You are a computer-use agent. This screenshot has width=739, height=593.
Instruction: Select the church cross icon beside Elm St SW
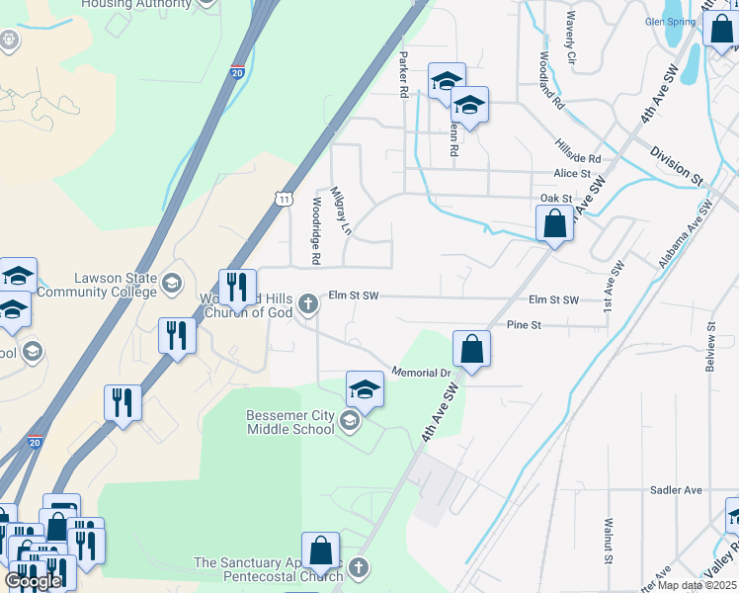point(308,302)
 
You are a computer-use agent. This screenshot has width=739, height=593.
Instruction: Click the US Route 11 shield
point(285,199)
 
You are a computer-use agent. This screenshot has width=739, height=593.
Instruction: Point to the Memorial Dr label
point(421,373)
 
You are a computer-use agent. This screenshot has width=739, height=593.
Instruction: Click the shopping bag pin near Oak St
point(554,224)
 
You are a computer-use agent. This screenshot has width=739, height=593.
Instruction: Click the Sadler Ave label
point(676,489)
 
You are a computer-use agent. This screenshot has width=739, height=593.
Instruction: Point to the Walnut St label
point(610,542)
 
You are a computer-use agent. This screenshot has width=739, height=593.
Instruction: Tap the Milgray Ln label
point(341,210)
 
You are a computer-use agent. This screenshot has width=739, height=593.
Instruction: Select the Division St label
point(676,165)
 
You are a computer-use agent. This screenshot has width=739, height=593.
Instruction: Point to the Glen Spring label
point(669,21)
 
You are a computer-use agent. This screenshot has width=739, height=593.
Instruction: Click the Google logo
point(33,581)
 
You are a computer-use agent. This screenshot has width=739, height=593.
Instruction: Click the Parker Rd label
point(403,75)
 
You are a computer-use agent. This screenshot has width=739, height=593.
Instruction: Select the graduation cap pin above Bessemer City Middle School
point(365,390)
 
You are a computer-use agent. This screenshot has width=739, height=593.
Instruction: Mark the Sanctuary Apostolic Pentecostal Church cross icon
point(359,568)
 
